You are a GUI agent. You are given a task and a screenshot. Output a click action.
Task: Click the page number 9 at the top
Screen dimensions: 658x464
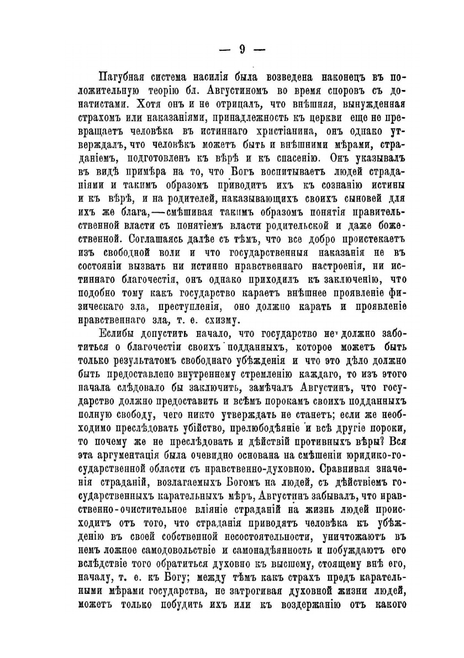(241, 49)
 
